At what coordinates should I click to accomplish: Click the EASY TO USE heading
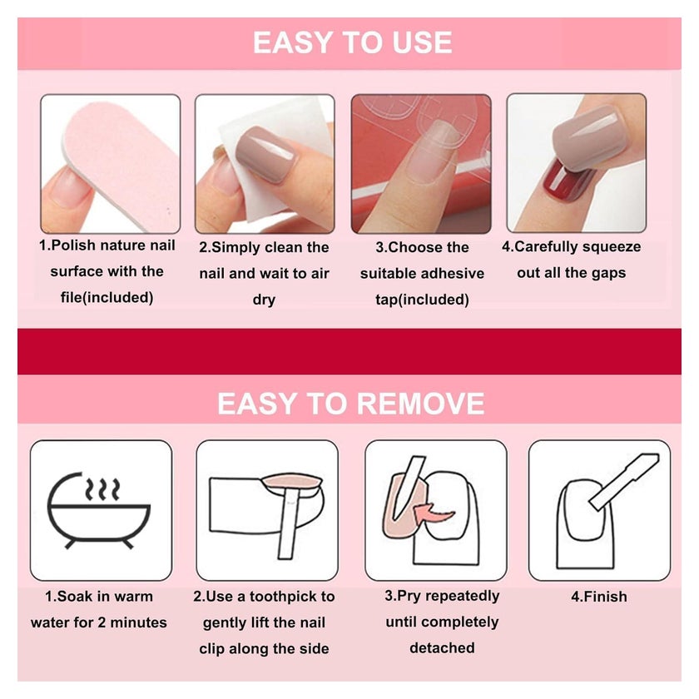coord(352,42)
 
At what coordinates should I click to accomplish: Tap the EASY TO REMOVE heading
coord(351,404)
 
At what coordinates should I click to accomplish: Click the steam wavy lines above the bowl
coord(102,489)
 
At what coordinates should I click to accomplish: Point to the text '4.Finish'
coord(598,597)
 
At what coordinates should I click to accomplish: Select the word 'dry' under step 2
coord(264,300)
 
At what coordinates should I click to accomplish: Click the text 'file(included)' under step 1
coord(107,297)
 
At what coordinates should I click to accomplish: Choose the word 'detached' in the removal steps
coord(442,647)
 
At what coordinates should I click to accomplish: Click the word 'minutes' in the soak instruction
coord(138,622)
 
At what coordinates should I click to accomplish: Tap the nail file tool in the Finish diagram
coord(624,482)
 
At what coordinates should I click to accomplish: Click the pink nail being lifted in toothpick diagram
coord(292,482)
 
